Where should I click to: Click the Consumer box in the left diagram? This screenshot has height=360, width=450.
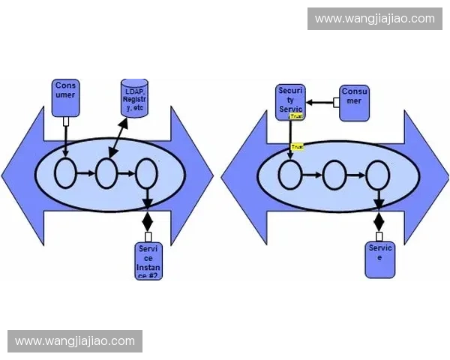66,97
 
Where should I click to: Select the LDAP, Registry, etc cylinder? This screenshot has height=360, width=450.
134,97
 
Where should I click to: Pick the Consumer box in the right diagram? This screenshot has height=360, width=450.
354,101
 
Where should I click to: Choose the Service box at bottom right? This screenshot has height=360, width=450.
379,259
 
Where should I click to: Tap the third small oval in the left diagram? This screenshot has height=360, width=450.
146,175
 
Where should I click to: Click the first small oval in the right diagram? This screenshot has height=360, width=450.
289,176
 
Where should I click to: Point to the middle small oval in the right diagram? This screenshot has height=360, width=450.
334,176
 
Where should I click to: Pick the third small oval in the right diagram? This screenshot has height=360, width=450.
377,176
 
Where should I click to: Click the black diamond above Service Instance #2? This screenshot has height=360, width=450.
147,221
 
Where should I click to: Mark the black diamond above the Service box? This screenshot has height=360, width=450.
379,222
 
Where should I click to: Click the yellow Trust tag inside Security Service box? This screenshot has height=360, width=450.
296,116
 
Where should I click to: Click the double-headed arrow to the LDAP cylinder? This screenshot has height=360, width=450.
117,136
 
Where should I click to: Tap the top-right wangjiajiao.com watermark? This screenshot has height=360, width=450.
374,18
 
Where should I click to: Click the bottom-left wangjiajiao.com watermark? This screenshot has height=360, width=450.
75,341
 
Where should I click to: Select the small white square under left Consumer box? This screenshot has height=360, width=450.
66,121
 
